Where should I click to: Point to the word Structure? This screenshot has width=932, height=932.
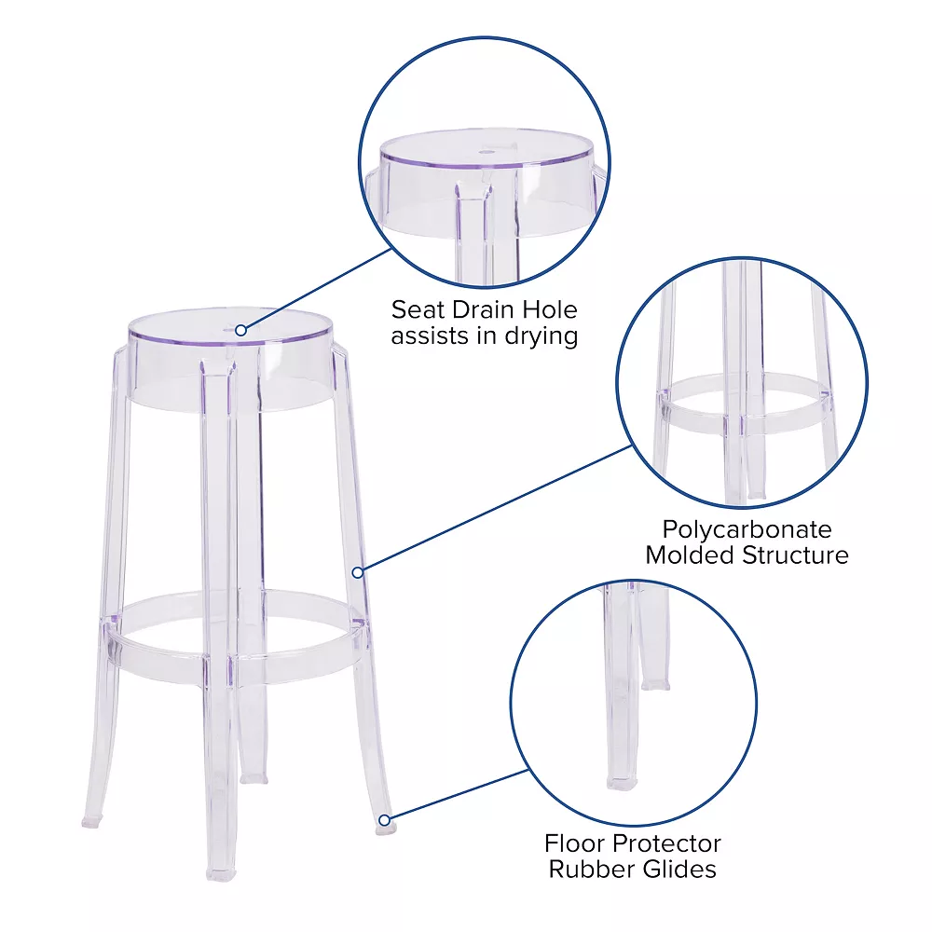795,555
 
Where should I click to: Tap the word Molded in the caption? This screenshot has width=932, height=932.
692,555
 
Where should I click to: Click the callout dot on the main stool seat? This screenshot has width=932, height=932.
240,329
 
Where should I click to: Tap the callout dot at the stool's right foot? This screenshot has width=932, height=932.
384,820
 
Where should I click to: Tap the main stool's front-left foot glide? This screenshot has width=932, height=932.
220,874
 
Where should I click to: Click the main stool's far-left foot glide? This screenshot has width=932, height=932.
90,824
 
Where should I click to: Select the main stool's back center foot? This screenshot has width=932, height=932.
250,775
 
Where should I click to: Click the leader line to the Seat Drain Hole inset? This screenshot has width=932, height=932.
317,288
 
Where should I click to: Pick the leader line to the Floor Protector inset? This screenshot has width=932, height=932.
457,795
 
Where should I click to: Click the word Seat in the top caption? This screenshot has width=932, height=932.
417,309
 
